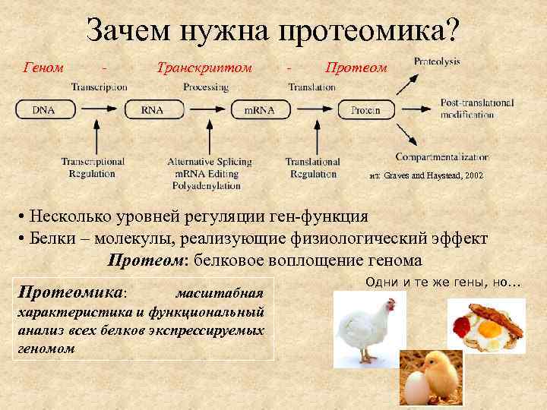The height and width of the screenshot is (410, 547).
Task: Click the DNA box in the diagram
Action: click(x=43, y=109)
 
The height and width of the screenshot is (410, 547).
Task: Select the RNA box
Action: click(x=151, y=109)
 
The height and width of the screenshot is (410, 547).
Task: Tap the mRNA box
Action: click(x=258, y=109)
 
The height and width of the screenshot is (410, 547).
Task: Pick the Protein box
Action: click(x=365, y=109)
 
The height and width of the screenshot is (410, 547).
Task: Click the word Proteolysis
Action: click(x=437, y=61)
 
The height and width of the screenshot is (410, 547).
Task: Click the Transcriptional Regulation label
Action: click(x=93, y=167)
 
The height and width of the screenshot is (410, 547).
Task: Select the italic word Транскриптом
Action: click(x=203, y=68)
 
